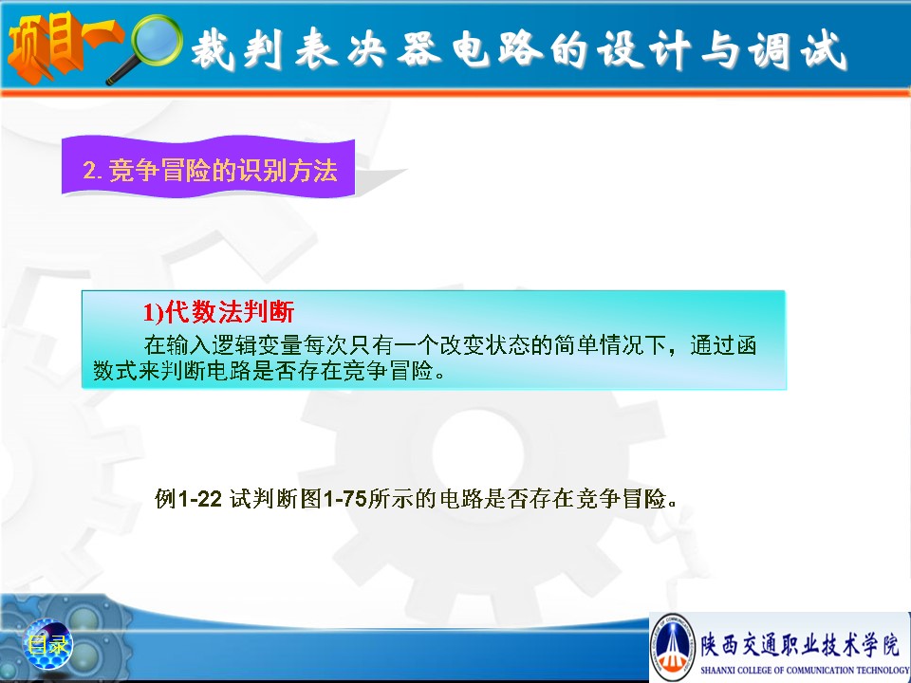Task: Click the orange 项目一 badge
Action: click(x=64, y=46)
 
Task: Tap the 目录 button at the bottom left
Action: click(x=47, y=644)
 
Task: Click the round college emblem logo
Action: click(x=674, y=646)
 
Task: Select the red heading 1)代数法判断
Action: click(x=218, y=312)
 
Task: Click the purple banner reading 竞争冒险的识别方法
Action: click(x=208, y=167)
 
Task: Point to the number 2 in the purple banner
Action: click(x=90, y=170)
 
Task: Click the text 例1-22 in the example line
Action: click(x=188, y=498)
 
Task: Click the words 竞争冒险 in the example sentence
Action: click(x=621, y=498)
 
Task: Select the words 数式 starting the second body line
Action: click(x=115, y=370)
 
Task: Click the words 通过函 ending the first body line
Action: click(x=723, y=345)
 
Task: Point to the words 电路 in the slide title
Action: click(x=497, y=48)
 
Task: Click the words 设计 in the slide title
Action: click(x=645, y=48)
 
